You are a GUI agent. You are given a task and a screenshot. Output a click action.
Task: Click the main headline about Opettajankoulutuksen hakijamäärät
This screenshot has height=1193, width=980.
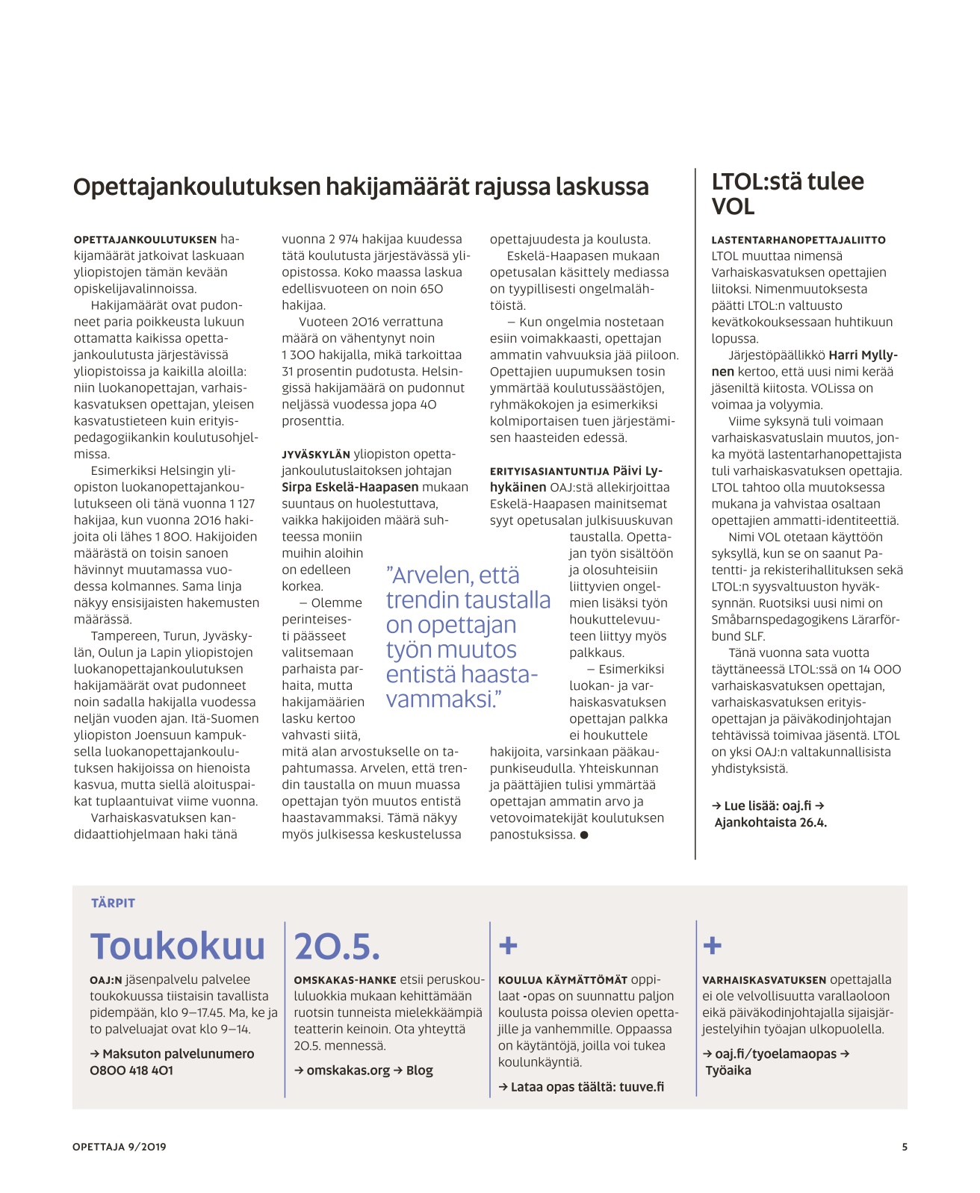coord(361,187)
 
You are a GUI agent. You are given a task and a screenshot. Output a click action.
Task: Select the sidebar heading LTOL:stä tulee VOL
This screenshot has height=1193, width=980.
coord(787,193)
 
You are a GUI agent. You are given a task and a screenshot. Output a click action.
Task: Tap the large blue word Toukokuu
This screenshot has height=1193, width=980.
coord(178,947)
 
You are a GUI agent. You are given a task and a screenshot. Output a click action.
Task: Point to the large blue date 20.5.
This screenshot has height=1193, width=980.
coord(338,947)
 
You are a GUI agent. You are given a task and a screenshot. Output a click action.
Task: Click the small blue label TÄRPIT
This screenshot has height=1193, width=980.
coord(113,903)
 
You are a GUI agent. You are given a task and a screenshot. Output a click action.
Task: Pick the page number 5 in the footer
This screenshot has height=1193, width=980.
coord(904,1147)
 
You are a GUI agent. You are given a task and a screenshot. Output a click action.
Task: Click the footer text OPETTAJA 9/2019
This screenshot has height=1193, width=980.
coord(120,1147)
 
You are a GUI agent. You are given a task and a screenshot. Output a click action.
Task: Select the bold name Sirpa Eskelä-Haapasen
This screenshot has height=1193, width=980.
coord(350,488)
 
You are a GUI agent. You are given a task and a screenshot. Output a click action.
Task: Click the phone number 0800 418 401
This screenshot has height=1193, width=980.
coord(131,1071)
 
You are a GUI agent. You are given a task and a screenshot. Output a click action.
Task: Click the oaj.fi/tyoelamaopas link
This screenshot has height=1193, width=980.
coord(775,1054)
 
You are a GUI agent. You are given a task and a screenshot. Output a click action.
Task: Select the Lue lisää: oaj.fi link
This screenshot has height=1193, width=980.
coord(767,806)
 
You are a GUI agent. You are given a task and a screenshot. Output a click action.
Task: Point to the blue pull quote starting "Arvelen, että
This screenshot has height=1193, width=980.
coord(467,637)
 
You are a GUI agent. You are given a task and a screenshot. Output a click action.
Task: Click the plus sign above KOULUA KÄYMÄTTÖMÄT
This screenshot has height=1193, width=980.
coord(508,946)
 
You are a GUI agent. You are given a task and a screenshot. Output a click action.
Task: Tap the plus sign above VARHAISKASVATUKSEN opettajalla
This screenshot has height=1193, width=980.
coord(713,946)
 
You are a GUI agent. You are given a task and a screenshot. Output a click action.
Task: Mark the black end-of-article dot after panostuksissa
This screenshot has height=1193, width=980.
coord(584,835)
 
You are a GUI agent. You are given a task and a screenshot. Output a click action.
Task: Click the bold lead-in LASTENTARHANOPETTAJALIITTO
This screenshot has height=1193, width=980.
coord(798,240)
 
